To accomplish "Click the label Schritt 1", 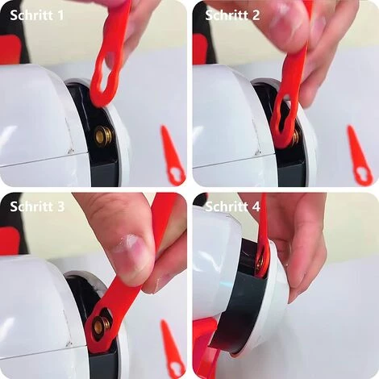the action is point(37,15).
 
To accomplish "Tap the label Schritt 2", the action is point(232,15).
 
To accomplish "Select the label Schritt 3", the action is point(37,206).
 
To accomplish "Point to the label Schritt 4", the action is point(233,206).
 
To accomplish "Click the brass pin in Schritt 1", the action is point(104,135).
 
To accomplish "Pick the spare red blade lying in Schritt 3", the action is point(173,348).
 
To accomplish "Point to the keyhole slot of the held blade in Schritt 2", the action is point(285,118).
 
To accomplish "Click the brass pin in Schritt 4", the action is point(260,261).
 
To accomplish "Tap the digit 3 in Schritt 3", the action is point(60,206).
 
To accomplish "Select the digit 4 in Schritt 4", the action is point(256,206).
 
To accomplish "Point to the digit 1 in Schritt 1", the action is point(61,15).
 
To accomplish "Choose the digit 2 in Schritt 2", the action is point(256,15).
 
